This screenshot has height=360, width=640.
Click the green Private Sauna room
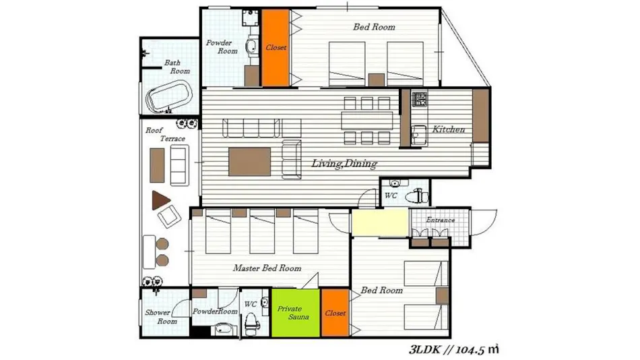(x=296, y=313)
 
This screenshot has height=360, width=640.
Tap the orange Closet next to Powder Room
(x=276, y=48)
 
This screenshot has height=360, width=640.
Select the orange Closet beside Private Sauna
(x=335, y=313)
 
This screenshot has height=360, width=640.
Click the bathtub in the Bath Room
(x=169, y=96)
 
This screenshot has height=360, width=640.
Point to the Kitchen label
(x=449, y=129)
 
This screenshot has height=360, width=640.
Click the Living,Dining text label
(x=344, y=163)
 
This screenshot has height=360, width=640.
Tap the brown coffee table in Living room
(x=249, y=162)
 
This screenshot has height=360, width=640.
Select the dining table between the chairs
(x=367, y=121)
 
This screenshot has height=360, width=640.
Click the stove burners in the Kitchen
(x=419, y=99)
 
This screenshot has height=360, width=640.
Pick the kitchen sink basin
(x=419, y=136)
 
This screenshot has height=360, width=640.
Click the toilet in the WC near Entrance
(x=417, y=197)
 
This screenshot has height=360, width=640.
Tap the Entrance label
(x=441, y=220)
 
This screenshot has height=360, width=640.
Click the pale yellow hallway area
(x=380, y=222)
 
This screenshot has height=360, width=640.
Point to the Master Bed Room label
(x=267, y=268)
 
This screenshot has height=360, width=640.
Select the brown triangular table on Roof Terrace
(x=160, y=200)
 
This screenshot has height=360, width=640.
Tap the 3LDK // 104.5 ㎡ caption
(x=454, y=349)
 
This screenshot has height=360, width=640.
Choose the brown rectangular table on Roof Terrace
(x=157, y=165)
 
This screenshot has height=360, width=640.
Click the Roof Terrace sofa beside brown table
(x=179, y=165)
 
